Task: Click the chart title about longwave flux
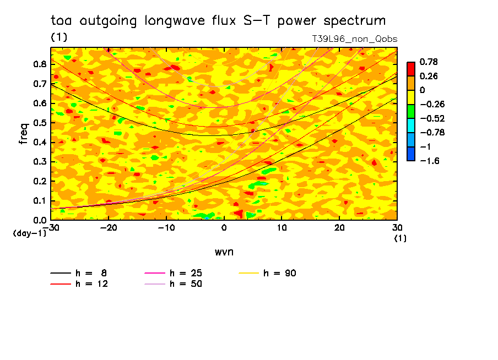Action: tap(218, 21)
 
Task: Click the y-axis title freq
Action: tap(23, 134)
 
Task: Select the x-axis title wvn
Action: tap(224, 252)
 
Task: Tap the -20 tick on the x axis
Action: tap(109, 227)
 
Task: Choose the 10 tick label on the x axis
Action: tap(282, 227)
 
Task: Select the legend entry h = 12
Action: tap(91, 283)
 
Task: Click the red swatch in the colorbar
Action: tap(410, 69)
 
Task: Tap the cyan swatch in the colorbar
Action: tap(410, 126)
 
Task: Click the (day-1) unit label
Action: tap(30, 233)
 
